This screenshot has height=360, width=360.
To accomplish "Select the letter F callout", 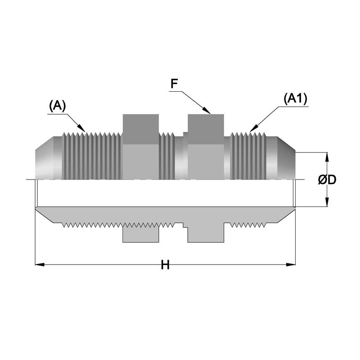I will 174,83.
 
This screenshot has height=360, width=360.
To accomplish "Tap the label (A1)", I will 295,99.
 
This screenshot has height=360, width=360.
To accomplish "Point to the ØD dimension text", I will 328,180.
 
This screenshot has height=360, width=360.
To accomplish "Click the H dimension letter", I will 165,265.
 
